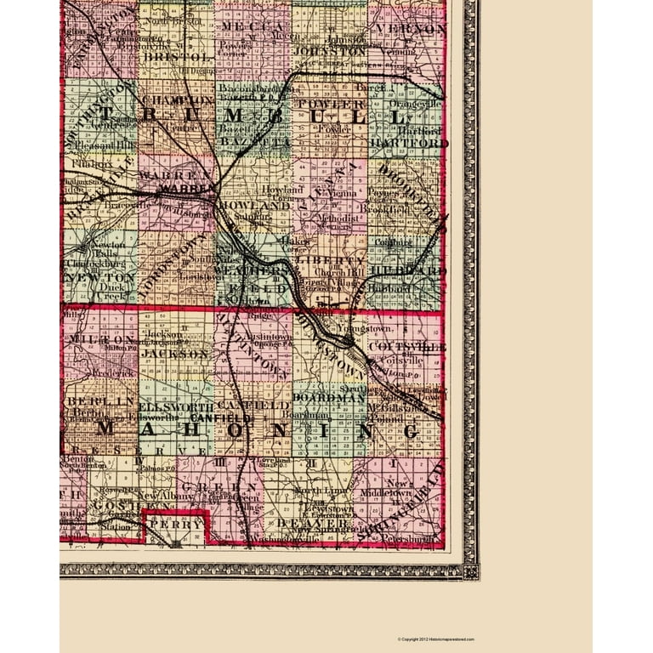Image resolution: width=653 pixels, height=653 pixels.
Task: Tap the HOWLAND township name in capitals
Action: pyautogui.click(x=253, y=207)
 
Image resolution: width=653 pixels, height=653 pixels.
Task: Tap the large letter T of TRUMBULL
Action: pyautogui.click(x=109, y=115)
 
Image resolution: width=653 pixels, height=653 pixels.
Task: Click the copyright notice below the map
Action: pyautogui.click(x=436, y=639)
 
